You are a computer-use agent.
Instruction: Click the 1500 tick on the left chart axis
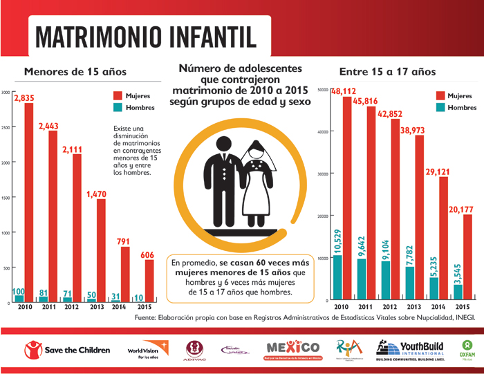pyautogui.click(x=6, y=198)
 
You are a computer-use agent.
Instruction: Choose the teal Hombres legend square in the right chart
pyautogui.click(x=440, y=108)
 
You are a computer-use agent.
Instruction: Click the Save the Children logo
pyautogui.click(x=66, y=350)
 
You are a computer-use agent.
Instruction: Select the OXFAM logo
pyautogui.click(x=467, y=349)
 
